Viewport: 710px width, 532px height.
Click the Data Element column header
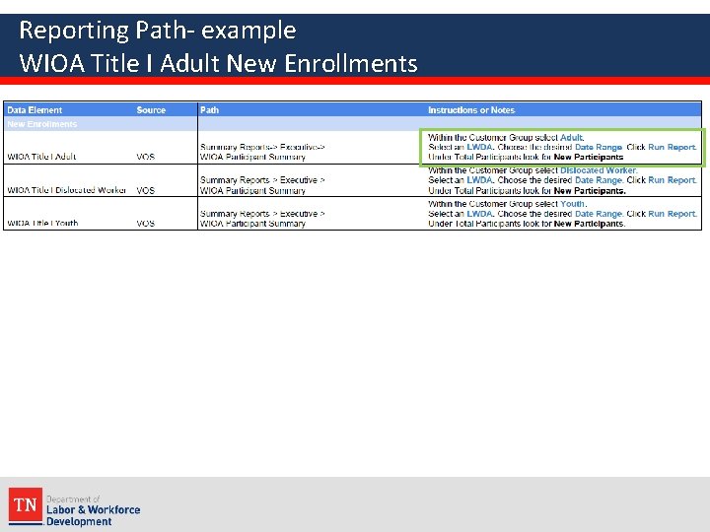[35, 110]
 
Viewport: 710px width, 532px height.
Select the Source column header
[151, 110]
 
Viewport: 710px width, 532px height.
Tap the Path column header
[209, 110]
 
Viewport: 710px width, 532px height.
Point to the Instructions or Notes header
[470, 110]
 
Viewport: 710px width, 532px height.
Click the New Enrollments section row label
[41, 124]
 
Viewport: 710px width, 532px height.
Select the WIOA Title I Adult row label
[41, 157]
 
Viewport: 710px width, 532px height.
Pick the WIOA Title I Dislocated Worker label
[66, 190]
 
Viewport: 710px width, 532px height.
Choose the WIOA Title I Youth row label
[42, 224]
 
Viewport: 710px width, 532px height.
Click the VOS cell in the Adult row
[145, 157]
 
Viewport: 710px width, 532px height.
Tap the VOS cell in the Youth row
[145, 224]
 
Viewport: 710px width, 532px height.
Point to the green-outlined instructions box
[562, 147]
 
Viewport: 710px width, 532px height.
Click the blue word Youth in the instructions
[573, 204]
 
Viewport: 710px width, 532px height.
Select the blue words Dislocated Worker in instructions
[599, 170]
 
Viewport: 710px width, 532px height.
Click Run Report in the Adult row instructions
[672, 147]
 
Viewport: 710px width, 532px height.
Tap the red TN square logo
[25, 506]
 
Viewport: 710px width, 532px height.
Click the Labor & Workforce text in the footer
[93, 509]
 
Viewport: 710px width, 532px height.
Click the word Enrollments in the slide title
[350, 64]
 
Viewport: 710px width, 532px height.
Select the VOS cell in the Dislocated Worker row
[145, 190]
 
